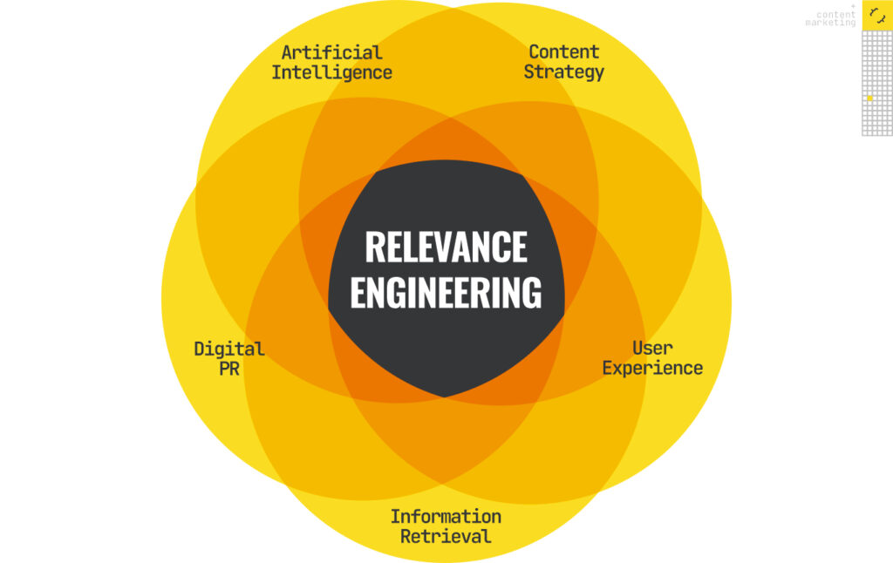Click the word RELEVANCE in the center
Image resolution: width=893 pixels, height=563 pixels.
(446, 247)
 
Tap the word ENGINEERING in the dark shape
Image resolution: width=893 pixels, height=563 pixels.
(446, 293)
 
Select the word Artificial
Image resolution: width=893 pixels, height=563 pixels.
(331, 52)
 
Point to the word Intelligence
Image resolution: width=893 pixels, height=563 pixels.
(331, 72)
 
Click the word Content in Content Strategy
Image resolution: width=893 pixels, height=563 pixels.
(563, 52)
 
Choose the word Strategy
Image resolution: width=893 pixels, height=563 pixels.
(563, 72)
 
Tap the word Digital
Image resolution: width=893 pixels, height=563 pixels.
(228, 349)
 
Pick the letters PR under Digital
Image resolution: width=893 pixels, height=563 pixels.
(228, 368)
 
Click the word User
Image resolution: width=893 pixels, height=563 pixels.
(652, 349)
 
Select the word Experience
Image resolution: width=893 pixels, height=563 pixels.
(652, 368)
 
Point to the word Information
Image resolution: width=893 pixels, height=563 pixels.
(446, 517)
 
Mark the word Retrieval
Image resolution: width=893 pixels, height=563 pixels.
(446, 536)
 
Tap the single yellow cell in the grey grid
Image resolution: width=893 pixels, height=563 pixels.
(869, 98)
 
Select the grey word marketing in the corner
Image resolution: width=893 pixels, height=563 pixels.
(830, 23)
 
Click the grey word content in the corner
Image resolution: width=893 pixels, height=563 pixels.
(835, 14)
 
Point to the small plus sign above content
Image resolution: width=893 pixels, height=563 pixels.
(853, 6)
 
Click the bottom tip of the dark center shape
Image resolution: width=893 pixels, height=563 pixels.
(446, 397)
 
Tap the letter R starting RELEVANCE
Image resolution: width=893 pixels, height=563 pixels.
(374, 247)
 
